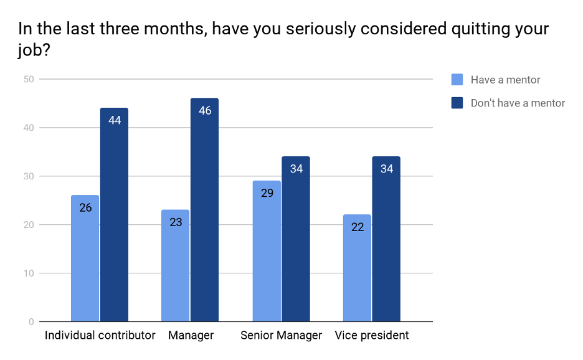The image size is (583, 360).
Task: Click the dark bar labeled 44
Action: point(114,215)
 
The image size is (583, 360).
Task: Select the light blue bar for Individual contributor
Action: point(85,258)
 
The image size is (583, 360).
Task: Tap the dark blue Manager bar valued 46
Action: point(204,210)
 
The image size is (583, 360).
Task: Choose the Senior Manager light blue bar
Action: point(267,251)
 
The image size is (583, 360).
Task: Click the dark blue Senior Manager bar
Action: point(296,239)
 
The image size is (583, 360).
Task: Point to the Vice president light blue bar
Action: point(357,268)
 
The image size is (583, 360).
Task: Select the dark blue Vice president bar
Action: point(386,239)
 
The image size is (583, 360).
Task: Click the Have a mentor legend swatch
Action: point(457,80)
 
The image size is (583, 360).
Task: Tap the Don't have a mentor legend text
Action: point(518,103)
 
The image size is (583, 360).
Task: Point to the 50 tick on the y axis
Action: point(28,79)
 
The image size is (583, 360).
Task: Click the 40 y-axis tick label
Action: point(28,128)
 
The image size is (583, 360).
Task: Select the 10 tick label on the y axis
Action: point(28,273)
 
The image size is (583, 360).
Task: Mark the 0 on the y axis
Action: point(31,322)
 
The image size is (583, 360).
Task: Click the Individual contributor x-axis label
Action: point(100,336)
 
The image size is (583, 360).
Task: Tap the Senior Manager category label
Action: point(281,336)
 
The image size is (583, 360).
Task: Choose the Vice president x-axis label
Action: point(372,336)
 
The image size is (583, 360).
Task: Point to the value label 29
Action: point(267,193)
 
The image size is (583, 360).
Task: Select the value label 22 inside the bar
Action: point(357,227)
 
